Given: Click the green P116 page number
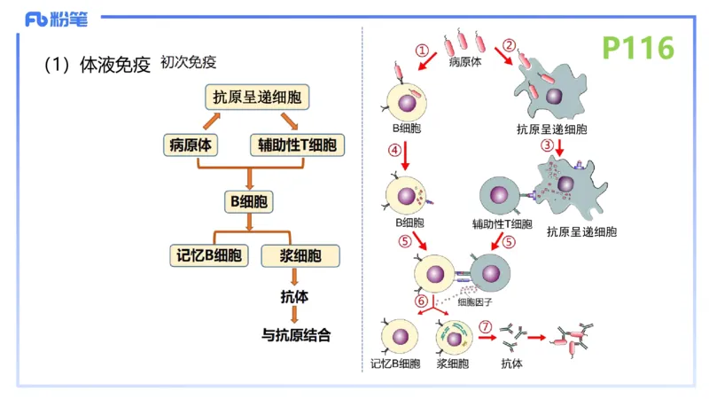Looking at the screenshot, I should (638, 48).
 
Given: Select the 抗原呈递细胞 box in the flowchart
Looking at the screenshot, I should (254, 96).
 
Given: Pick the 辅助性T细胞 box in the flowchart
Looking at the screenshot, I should (296, 145).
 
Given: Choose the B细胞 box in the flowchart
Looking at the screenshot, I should (248, 201).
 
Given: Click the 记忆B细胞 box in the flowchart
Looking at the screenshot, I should (209, 255).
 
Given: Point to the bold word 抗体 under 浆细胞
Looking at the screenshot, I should (293, 298).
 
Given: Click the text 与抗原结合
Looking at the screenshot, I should (296, 335).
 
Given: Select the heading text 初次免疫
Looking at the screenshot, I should (189, 63).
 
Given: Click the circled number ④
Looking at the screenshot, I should (393, 150).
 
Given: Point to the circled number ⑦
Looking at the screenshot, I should (485, 327).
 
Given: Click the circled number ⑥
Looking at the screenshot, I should (422, 301).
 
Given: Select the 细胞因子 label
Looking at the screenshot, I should (475, 301).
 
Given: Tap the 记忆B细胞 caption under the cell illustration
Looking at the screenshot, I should (395, 364).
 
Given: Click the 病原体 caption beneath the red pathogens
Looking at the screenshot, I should (465, 63).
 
